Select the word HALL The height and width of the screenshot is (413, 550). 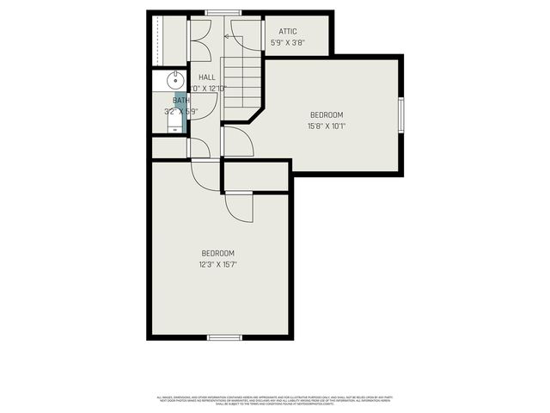[x=207, y=77]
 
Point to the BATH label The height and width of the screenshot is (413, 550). [x=180, y=101]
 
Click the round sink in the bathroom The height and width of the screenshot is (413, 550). [x=174, y=81]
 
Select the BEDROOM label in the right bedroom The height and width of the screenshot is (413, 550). [x=327, y=115]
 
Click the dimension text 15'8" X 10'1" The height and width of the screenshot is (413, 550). [x=327, y=126]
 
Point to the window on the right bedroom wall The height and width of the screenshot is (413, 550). [x=400, y=114]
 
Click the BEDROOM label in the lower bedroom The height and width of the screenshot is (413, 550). [x=218, y=253]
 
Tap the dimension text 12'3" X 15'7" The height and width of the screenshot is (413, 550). [x=218, y=264]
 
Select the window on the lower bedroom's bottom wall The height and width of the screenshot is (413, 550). [x=223, y=337]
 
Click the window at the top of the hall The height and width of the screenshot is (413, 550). [x=223, y=12]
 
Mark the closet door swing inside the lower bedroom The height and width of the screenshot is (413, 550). [x=239, y=206]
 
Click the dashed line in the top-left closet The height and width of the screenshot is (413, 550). [x=158, y=39]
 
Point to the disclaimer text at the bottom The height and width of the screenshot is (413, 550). [x=275, y=400]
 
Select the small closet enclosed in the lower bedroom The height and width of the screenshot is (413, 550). [x=256, y=176]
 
